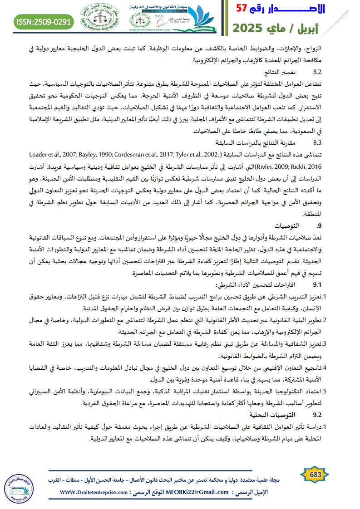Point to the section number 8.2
(x=317, y=72)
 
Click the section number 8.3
(x=317, y=142)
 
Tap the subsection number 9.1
(x=317, y=285)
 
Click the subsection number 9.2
(x=317, y=415)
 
